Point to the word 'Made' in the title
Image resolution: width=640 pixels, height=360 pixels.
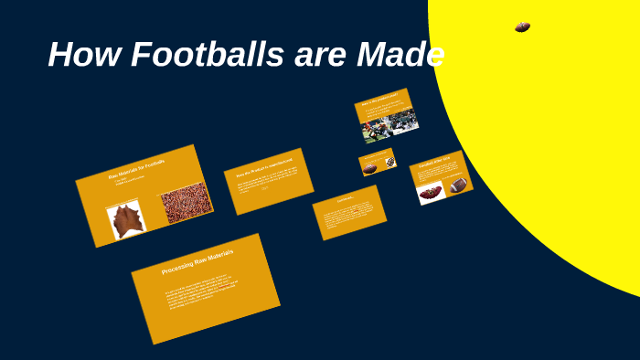coord(401,55)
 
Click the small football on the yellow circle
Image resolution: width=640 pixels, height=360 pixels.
coord(522,27)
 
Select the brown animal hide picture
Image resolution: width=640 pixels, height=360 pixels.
coord(125,220)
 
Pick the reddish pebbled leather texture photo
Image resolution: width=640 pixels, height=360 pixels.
coord(187,203)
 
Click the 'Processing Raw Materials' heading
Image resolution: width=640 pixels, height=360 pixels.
coord(197,262)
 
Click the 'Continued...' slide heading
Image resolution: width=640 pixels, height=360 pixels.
coord(344,199)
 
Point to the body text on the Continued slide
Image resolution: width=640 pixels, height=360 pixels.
coord(349,217)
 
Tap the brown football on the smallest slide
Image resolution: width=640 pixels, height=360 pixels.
coord(370,168)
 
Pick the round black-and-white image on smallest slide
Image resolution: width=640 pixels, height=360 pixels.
coord(389,162)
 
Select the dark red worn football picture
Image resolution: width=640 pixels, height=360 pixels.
coord(431,192)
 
